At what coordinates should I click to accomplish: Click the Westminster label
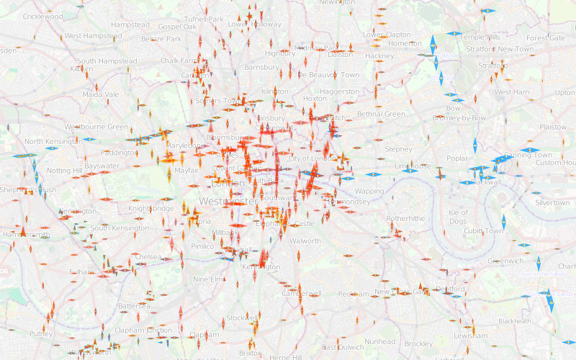coord(228,201)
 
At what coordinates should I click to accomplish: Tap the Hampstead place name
coord(130,24)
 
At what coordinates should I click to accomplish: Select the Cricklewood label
coord(43,17)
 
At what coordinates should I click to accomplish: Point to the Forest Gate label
coord(546,38)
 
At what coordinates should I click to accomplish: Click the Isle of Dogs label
coord(458,217)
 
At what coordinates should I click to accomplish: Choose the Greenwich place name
coord(505,261)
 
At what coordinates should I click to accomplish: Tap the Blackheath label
coord(515,321)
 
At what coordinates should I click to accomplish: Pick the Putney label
coord(41,334)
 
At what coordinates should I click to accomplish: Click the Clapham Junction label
coord(144,330)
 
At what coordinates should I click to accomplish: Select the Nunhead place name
coord(379,341)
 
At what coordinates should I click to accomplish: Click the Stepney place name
coord(398,149)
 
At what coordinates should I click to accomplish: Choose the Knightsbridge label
coord(151,208)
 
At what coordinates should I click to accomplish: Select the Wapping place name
coord(369,192)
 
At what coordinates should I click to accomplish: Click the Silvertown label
coord(552,203)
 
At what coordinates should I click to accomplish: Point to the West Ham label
coord(511,92)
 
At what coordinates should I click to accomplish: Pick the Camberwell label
coord(301,294)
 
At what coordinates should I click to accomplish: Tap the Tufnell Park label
coord(204,19)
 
